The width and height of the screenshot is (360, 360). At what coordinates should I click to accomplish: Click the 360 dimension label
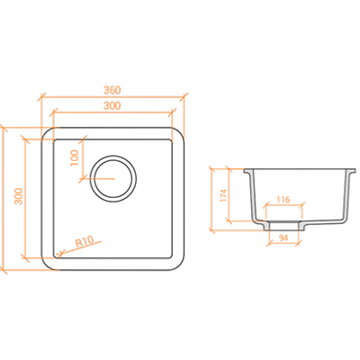pos(112,90)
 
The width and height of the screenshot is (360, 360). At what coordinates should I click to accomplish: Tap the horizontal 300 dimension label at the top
pos(112,105)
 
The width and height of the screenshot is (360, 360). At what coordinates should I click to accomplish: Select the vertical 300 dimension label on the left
pos(19,196)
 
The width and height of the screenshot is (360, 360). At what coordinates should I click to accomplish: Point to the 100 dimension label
pos(74,157)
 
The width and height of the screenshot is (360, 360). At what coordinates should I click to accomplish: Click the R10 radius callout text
pos(85,241)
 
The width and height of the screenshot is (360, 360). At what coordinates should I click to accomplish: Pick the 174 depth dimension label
pos(223,195)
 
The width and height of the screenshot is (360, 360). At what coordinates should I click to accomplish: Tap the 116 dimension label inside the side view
pos(283,200)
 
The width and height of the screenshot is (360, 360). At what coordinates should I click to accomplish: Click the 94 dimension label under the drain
pos(283,238)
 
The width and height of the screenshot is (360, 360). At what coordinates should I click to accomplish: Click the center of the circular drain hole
pos(113,179)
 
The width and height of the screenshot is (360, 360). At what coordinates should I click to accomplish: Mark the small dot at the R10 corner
pos(58,254)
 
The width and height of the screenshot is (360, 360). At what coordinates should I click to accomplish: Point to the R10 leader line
pos(80,247)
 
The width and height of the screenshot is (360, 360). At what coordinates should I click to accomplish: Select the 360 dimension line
pos(112,97)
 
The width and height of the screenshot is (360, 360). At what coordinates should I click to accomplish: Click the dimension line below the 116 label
pos(284,205)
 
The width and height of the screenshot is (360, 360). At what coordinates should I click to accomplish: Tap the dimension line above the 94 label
pos(283,243)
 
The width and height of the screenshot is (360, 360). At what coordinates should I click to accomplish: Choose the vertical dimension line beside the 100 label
pos(83,159)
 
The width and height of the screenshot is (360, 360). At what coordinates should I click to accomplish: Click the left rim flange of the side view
pos(247,171)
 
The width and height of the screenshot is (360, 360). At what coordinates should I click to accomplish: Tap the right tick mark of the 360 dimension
pos(184,97)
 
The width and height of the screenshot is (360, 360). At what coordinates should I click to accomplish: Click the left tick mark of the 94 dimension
pos(269,243)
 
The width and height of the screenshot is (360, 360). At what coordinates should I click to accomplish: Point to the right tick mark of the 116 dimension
pos(303,205)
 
